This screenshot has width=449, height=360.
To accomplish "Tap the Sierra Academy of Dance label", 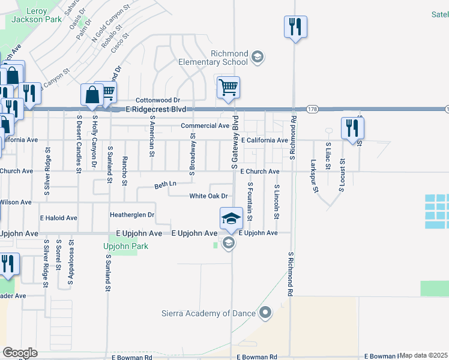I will pyautogui.click(x=209, y=313).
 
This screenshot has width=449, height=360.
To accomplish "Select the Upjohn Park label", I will pyautogui.click(x=125, y=247).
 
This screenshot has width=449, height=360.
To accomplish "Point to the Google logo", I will pyautogui.click(x=20, y=352).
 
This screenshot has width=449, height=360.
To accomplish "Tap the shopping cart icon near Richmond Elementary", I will pyautogui.click(x=228, y=88).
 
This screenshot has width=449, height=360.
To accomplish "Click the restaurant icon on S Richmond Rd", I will pyautogui.click(x=295, y=27).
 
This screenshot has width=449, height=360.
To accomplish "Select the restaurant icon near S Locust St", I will pyautogui.click(x=352, y=128).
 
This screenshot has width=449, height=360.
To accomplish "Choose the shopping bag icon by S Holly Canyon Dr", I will pyautogui.click(x=92, y=95).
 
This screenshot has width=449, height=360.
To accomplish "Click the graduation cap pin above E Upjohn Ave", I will pyautogui.click(x=231, y=219).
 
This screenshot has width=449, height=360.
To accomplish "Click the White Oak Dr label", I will pyautogui.click(x=208, y=196).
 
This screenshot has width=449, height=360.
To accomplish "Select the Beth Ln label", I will pyautogui.click(x=165, y=184).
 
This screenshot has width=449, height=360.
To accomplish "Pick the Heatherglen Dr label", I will pyautogui.click(x=132, y=214).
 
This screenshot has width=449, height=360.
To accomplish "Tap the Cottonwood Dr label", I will pyautogui.click(x=158, y=100).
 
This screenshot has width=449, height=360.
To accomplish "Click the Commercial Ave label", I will pyautogui.click(x=205, y=126).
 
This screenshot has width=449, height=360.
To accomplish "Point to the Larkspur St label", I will pyautogui.click(x=314, y=176).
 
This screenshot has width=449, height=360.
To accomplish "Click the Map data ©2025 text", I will pyautogui.click(x=424, y=355).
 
